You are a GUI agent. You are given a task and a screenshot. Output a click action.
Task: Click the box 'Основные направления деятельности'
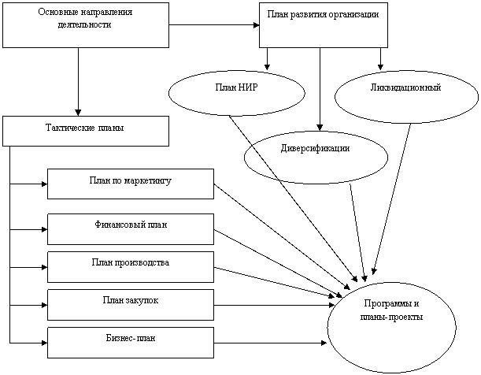click(85, 25)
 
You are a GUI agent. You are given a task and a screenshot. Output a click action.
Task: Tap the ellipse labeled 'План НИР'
click(236, 93)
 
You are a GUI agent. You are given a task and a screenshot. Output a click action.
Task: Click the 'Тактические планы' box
click(85, 131)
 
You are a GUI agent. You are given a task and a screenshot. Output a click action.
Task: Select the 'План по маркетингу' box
click(130, 184)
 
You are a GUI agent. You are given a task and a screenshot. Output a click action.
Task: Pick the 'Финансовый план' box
click(130, 228)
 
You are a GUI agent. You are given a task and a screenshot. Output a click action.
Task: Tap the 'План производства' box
click(130, 266)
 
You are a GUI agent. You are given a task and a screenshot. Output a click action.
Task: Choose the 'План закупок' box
click(130, 304)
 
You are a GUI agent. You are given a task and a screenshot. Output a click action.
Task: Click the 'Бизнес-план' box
click(130, 342)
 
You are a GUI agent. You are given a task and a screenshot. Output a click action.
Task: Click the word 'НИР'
click(248, 87)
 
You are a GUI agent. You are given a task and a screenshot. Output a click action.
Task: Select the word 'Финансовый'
click(117, 225)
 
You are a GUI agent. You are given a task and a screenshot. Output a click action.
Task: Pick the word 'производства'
click(142, 262)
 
